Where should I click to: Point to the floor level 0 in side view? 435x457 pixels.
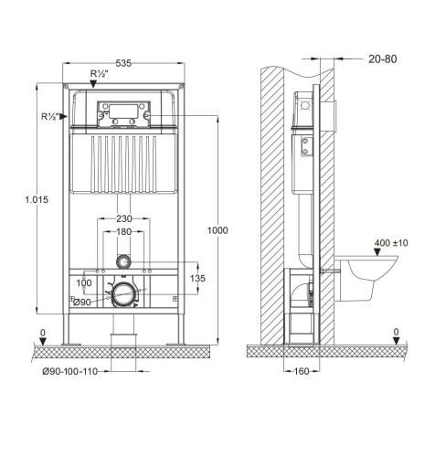point(396,332)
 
